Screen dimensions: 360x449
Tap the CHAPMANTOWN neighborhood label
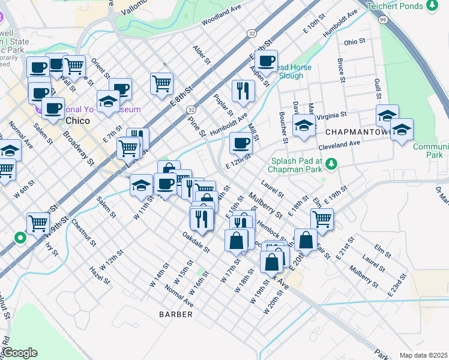355,130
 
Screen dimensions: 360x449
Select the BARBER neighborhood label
176,314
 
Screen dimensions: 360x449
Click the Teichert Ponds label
396,6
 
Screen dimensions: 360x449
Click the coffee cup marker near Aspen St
266,61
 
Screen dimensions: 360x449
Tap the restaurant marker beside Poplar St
243,90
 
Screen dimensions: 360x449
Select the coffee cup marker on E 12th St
241,143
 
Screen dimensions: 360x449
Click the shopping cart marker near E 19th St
322,220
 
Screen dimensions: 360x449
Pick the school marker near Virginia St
304,126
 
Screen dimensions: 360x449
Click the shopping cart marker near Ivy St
38,223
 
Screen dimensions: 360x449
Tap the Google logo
19,353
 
